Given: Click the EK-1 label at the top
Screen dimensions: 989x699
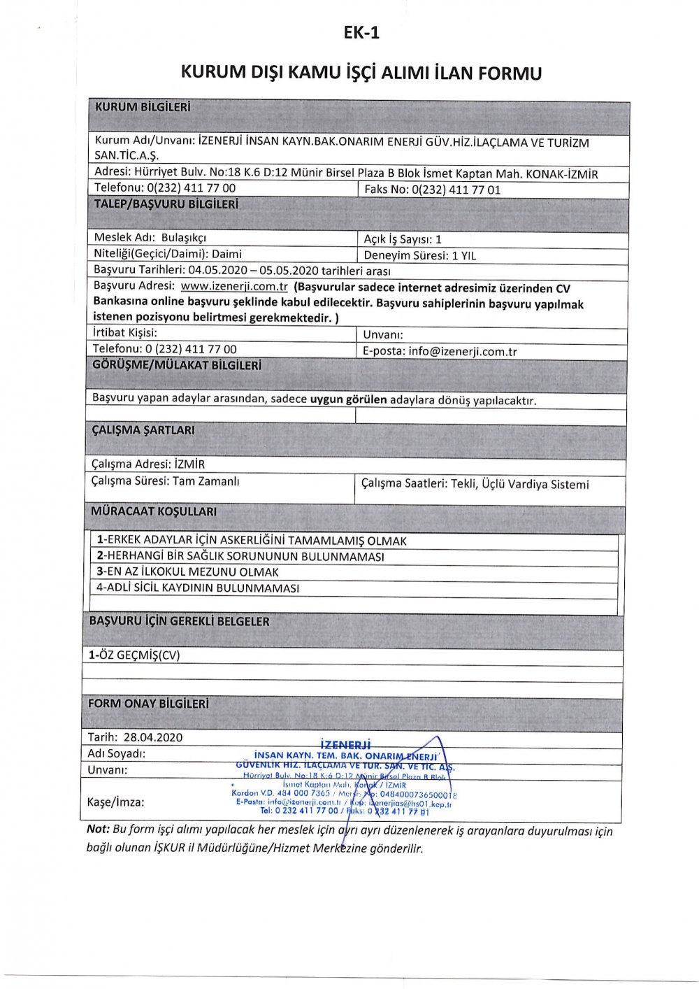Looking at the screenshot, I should (x=361, y=33).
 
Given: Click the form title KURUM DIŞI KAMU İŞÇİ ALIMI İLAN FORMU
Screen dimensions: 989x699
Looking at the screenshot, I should (x=361, y=73).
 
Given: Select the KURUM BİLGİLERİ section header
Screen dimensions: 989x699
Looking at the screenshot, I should (x=143, y=108).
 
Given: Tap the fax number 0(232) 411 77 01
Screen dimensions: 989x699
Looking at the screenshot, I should (x=456, y=190).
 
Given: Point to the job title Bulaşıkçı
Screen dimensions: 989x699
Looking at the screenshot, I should (x=184, y=238).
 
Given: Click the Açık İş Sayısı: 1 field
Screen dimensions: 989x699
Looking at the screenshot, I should (x=403, y=239).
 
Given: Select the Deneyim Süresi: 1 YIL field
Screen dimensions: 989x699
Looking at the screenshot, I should (x=419, y=255).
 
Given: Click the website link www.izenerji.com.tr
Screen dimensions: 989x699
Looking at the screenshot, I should (x=234, y=287).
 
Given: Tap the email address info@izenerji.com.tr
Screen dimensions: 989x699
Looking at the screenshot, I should (x=463, y=351).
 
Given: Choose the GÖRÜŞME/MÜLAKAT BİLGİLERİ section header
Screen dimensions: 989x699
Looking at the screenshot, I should (x=177, y=365).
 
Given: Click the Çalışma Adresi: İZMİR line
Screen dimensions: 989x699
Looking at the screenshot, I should (x=148, y=464).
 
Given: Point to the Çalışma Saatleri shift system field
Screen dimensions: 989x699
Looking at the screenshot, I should (x=475, y=484).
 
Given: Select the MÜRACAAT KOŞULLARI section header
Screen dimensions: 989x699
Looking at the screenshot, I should (x=154, y=511).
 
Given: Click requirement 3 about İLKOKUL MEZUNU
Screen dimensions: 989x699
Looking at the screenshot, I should (x=187, y=571).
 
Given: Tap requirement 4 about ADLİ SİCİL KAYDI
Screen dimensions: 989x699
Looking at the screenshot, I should (x=198, y=588).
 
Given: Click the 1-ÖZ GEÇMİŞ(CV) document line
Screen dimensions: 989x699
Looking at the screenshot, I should (x=134, y=655).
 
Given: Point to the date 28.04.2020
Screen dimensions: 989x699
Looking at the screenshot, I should (x=153, y=737).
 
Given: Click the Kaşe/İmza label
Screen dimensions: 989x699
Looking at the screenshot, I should (x=116, y=802).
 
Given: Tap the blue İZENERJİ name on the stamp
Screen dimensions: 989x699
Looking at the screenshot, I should (x=345, y=745).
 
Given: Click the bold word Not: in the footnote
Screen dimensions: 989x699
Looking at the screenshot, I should (x=98, y=830).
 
